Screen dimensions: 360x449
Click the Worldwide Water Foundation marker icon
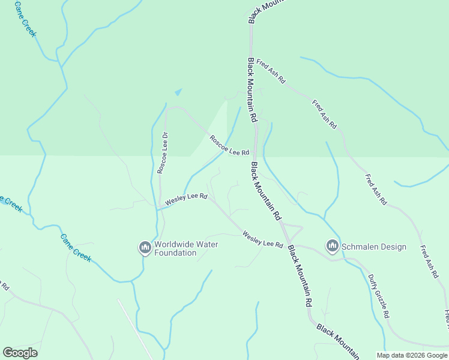[x=145, y=247]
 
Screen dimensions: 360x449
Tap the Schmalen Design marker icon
[x=332, y=246]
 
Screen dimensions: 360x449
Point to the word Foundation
[x=175, y=253]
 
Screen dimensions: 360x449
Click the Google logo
[x=20, y=353]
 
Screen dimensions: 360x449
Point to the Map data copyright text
[x=411, y=355]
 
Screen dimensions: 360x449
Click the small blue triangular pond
[x=178, y=92]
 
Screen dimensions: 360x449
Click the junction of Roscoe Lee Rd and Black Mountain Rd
[x=256, y=154]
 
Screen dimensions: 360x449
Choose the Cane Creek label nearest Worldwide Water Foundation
[x=76, y=247]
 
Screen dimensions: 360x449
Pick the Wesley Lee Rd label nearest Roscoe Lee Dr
[x=186, y=199]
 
